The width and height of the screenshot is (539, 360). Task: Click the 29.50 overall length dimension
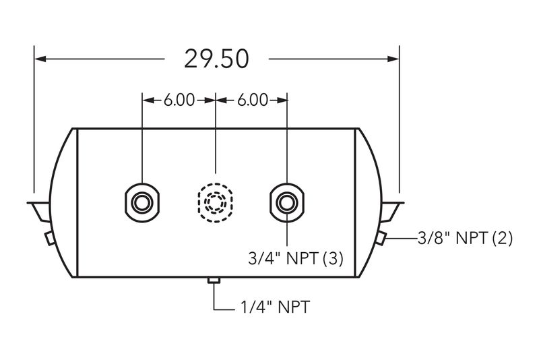[216, 59]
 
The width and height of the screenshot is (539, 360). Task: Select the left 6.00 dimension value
[179, 100]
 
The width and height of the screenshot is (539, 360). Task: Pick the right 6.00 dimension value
[252, 100]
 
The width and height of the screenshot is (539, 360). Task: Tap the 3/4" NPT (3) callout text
[296, 258]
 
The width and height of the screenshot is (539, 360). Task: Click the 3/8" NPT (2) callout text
[465, 238]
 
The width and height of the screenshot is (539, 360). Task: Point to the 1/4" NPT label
[275, 307]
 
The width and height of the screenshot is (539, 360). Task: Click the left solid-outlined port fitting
[142, 202]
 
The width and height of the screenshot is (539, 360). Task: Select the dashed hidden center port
[215, 202]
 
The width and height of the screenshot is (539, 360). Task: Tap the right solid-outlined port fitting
[287, 202]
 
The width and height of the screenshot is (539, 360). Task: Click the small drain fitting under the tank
[214, 280]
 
